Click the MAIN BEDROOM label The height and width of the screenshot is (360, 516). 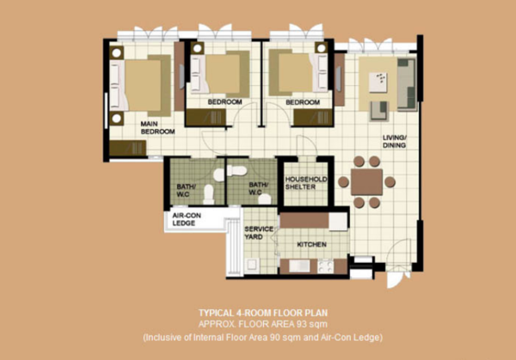pos(157,127)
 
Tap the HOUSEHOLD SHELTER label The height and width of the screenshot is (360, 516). pos(305,183)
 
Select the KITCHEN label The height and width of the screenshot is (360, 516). pos(311,245)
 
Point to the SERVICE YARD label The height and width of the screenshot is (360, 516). pos(259,233)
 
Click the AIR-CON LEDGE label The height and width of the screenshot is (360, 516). pos(187,219)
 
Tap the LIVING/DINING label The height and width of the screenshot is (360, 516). pos(395,142)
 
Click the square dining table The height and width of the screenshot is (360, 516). pos(366,182)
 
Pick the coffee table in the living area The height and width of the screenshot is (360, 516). pos(378,82)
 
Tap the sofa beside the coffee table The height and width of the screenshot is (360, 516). pos(407,84)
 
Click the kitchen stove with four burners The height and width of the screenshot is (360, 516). pos(325,266)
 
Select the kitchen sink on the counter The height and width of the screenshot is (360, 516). pos(299,266)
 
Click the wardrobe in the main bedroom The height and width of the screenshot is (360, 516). pos(127,148)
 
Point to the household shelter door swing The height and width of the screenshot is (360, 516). pos(307,145)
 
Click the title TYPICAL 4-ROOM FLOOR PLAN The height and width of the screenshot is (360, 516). pos(263,313)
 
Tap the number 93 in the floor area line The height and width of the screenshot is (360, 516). pos(301,325)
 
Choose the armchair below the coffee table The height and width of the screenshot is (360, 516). pos(379,111)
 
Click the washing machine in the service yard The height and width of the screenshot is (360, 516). pos(252,265)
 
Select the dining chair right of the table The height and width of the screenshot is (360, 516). pos(390,182)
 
